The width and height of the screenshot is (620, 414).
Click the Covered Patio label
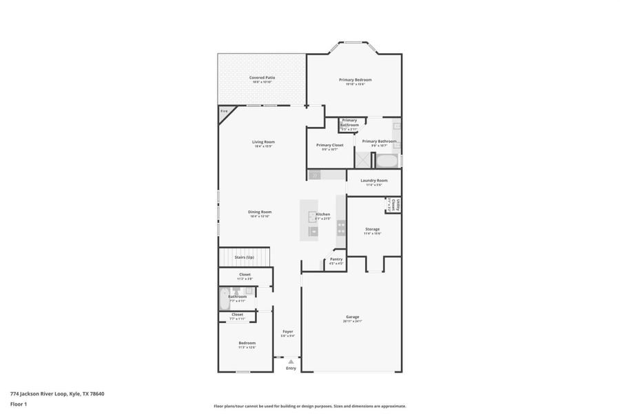(x=262, y=78)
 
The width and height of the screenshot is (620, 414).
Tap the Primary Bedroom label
(x=355, y=80)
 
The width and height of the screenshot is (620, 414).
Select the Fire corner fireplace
(x=224, y=112)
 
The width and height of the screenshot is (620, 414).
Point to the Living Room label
(x=263, y=142)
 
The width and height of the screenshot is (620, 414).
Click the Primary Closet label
(x=329, y=146)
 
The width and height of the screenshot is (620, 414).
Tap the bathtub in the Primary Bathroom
(x=387, y=161)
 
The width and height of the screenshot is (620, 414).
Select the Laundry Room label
(x=373, y=181)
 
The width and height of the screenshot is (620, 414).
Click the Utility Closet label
(x=397, y=205)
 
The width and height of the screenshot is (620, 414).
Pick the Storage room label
(x=372, y=230)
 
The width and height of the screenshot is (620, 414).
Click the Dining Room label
(x=260, y=213)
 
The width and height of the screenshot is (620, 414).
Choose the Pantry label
(x=336, y=260)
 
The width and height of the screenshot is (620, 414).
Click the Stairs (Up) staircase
(x=244, y=257)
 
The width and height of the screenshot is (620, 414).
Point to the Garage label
(x=352, y=317)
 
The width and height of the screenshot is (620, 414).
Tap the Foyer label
(x=288, y=332)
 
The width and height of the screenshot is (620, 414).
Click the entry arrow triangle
(x=291, y=361)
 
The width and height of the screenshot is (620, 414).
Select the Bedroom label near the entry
(x=247, y=343)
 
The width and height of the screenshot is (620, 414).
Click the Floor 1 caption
(x=19, y=404)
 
